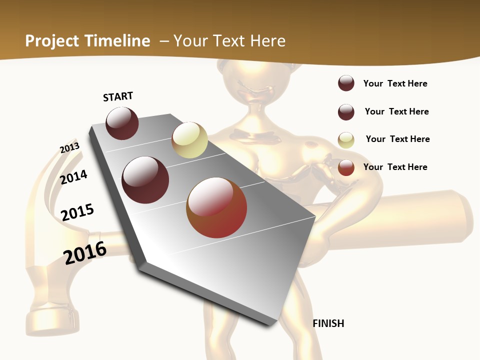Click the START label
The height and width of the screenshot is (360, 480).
point(118,96)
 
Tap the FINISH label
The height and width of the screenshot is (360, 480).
point(328,323)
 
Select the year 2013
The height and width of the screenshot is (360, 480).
point(69,148)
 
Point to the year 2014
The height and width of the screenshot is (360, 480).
point(73,177)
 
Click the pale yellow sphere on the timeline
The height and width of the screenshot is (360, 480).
point(189,140)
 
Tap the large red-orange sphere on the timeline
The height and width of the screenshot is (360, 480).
point(216,207)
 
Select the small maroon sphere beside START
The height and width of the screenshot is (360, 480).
point(122,123)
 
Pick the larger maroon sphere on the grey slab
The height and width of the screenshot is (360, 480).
point(145,180)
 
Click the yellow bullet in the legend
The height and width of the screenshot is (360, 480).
point(346,140)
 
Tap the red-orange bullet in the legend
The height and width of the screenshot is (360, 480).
point(346,167)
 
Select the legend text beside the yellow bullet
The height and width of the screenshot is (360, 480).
point(397,139)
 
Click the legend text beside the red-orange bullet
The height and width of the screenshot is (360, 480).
point(395,167)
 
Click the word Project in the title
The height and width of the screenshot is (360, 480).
point(52,41)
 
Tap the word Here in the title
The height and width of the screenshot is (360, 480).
point(267,41)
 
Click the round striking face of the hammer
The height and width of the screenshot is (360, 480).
point(52,320)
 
